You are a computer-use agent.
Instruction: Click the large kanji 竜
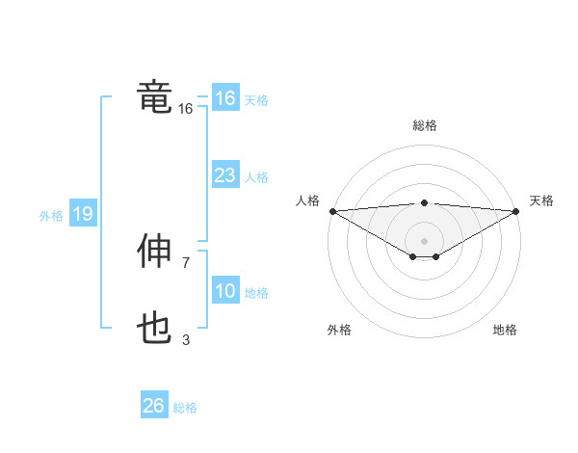point(155,96)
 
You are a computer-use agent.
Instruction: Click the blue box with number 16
point(224,98)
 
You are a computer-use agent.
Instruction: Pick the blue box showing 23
point(224,175)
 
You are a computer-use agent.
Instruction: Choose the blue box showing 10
point(224,291)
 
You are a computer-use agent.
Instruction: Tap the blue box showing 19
point(83,214)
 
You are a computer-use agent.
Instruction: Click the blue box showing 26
point(153,406)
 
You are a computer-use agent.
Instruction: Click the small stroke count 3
point(186,339)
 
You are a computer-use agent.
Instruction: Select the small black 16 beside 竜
point(186,109)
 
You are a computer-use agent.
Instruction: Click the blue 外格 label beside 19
point(51,216)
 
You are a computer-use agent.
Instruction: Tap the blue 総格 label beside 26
point(185,408)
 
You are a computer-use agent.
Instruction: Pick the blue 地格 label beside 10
point(256,293)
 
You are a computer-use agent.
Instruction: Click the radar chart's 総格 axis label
point(424,125)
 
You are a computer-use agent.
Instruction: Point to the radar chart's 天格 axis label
point(542,200)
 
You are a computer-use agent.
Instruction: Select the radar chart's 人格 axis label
point(307,200)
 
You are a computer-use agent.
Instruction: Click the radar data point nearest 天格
point(516,211)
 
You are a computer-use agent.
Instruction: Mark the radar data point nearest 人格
point(332,211)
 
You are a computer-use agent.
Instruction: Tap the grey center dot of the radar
point(424,239)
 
